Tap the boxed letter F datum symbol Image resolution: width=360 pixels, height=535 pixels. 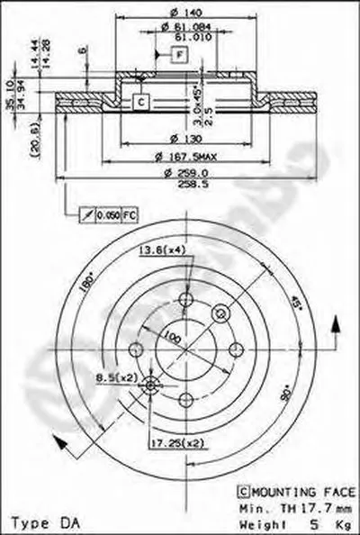179,57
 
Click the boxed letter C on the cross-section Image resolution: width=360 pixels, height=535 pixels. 140,102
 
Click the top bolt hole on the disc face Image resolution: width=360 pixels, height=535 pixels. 185,302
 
